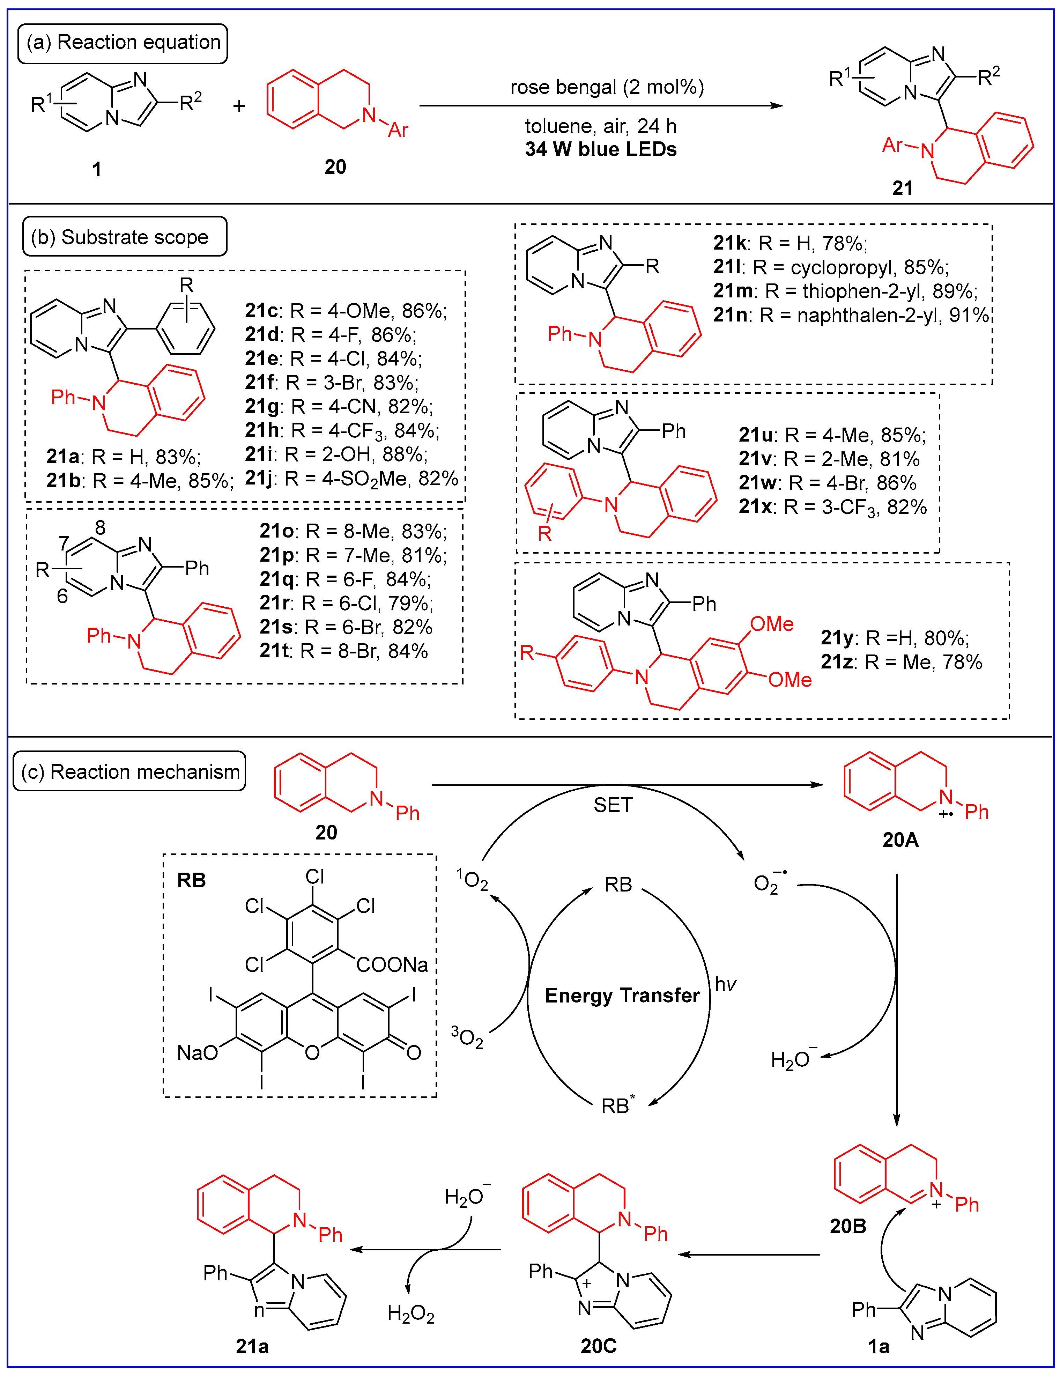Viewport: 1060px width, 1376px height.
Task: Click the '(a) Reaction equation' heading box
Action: (x=123, y=43)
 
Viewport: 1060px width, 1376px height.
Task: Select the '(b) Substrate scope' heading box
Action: (x=125, y=237)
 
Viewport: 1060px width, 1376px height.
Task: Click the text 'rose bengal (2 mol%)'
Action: (x=607, y=87)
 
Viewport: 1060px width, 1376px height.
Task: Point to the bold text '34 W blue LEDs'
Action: (x=601, y=149)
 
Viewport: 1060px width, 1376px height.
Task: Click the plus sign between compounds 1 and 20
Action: (x=239, y=106)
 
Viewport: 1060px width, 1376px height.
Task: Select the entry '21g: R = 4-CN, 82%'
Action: (x=339, y=406)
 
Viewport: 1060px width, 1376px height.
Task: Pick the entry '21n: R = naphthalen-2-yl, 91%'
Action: (x=851, y=315)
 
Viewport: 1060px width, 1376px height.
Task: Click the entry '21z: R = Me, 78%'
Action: (x=900, y=662)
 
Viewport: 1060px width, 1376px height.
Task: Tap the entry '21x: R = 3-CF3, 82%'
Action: (x=832, y=507)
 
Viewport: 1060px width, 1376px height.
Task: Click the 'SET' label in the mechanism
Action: (x=612, y=805)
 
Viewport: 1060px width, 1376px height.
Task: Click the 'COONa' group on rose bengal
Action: (x=392, y=964)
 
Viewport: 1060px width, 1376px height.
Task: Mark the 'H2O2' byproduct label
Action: (x=411, y=1314)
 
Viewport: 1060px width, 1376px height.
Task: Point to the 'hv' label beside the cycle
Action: (x=725, y=984)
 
